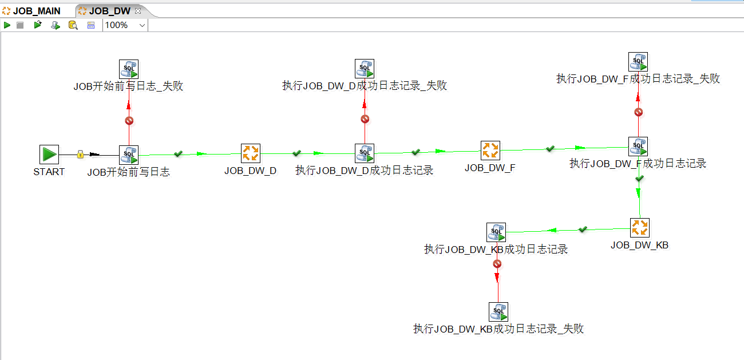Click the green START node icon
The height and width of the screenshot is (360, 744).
pyautogui.click(x=49, y=154)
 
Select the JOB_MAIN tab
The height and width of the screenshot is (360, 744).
pyautogui.click(x=36, y=11)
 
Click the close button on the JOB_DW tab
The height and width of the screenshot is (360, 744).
pyautogui.click(x=137, y=11)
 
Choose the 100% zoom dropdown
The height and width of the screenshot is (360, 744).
pyautogui.click(x=125, y=25)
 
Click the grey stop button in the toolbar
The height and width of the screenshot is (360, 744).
pyautogui.click(x=20, y=25)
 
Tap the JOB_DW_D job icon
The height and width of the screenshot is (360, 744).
pyautogui.click(x=250, y=153)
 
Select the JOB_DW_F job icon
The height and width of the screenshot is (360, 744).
pyautogui.click(x=490, y=151)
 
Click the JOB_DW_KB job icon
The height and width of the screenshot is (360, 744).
pyautogui.click(x=640, y=228)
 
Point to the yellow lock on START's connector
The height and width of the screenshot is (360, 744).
pyautogui.click(x=80, y=155)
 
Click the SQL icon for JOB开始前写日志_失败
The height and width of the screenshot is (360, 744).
pyautogui.click(x=129, y=69)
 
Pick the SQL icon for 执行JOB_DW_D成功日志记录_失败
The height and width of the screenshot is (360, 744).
pyautogui.click(x=365, y=69)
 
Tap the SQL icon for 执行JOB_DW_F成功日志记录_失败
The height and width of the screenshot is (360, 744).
pyautogui.click(x=638, y=62)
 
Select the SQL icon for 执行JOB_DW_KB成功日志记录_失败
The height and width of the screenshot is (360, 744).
pyautogui.click(x=498, y=312)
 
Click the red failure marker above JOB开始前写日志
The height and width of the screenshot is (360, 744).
pyautogui.click(x=129, y=121)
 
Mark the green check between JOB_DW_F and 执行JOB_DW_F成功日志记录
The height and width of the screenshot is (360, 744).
pyautogui.click(x=550, y=148)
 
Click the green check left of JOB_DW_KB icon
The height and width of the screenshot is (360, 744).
pyautogui.click(x=583, y=229)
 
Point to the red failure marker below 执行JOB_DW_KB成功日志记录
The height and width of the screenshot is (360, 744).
pyautogui.click(x=497, y=264)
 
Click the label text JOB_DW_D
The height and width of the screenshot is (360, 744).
pyautogui.click(x=250, y=171)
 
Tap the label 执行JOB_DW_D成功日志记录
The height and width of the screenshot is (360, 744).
pyautogui.click(x=364, y=171)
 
